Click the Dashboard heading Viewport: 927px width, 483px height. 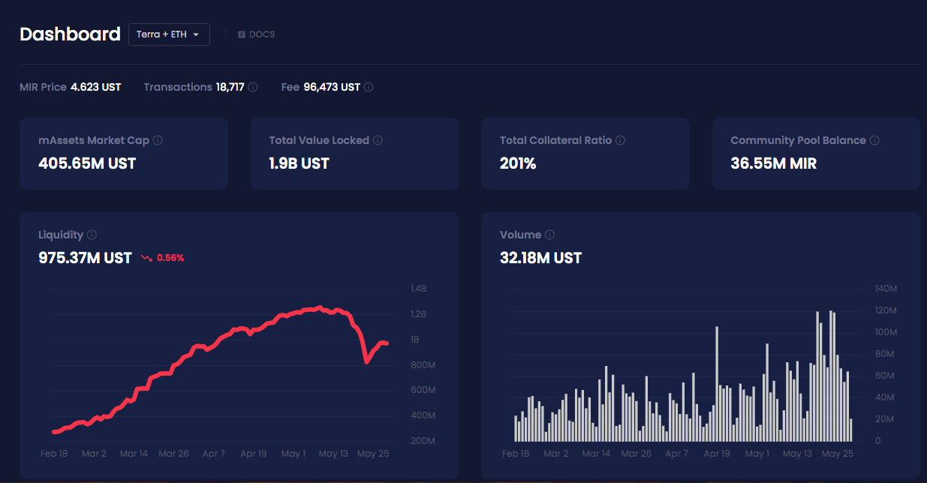pyautogui.click(x=70, y=34)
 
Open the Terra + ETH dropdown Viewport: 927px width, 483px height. pyautogui.click(x=169, y=34)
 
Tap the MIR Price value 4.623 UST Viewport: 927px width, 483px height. pyautogui.click(x=95, y=87)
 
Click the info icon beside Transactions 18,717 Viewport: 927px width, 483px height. pyautogui.click(x=253, y=87)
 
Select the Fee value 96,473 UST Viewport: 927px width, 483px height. pyautogui.click(x=332, y=87)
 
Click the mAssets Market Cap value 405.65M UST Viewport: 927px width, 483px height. pyautogui.click(x=87, y=163)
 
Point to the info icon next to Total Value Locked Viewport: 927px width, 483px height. pyautogui.click(x=378, y=140)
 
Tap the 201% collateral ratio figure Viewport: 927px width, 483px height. pyautogui.click(x=518, y=163)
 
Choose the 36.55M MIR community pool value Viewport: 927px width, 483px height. pyautogui.click(x=773, y=163)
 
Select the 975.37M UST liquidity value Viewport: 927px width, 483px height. pyautogui.click(x=85, y=258)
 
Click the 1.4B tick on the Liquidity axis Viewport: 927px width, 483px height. pyautogui.click(x=418, y=289)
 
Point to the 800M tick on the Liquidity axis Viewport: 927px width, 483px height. pyautogui.click(x=423, y=365)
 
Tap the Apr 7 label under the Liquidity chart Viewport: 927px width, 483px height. pyautogui.click(x=213, y=454)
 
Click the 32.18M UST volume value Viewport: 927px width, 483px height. pyautogui.click(x=540, y=258)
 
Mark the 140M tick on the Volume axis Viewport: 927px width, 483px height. pyautogui.click(x=886, y=289)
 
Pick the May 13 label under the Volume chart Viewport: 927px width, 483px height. pyautogui.click(x=797, y=454)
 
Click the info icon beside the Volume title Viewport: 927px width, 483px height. pyautogui.click(x=549, y=235)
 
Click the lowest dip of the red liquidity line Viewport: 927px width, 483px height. pyautogui.click(x=366, y=361)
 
